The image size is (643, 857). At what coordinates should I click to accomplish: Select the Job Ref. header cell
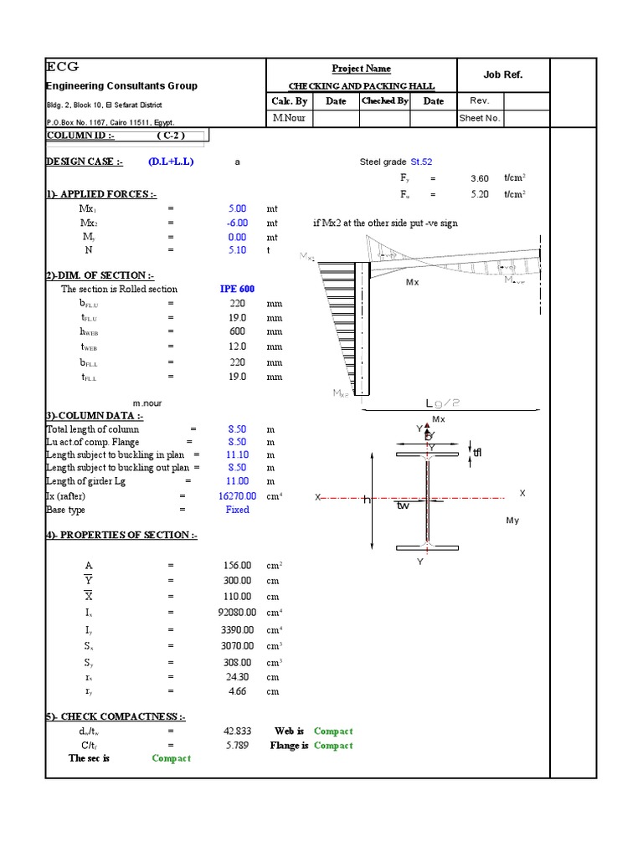click(502, 74)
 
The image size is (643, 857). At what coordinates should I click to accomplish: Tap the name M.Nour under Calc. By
click(290, 119)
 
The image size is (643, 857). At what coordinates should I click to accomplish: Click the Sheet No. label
click(480, 119)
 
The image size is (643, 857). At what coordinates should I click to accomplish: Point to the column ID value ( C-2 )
click(170, 136)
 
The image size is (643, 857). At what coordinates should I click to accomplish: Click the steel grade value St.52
click(421, 162)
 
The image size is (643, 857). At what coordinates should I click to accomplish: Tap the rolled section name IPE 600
click(237, 289)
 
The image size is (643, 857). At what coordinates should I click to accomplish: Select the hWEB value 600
click(237, 332)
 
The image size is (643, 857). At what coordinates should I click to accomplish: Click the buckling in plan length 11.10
click(237, 454)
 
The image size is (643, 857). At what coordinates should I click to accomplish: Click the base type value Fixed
click(237, 510)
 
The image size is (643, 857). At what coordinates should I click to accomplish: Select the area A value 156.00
click(237, 566)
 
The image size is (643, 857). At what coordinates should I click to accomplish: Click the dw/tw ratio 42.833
click(237, 731)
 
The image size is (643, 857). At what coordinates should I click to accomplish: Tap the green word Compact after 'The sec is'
click(171, 758)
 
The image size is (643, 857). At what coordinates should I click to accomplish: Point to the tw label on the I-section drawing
click(404, 505)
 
